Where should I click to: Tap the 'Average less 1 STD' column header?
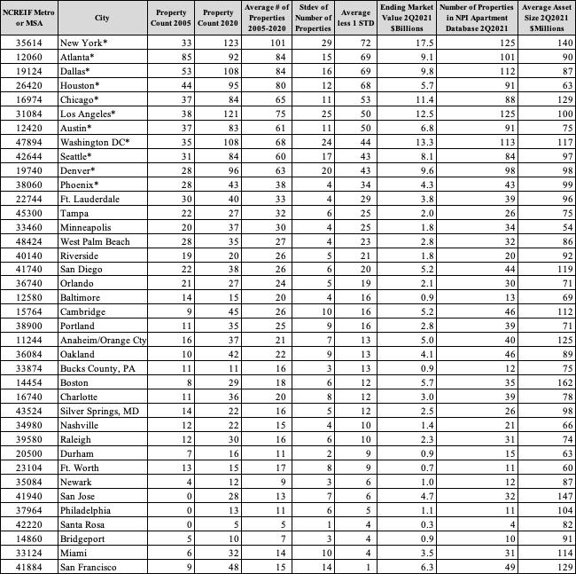click(x=354, y=18)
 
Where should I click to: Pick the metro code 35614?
click(x=29, y=43)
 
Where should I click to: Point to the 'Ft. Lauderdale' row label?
click(x=90, y=199)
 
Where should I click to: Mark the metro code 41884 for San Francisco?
click(x=29, y=566)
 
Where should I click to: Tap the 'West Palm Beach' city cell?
click(x=95, y=241)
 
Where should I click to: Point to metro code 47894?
click(x=29, y=141)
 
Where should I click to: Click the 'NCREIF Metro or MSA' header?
click(x=29, y=18)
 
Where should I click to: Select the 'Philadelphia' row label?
click(x=86, y=509)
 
